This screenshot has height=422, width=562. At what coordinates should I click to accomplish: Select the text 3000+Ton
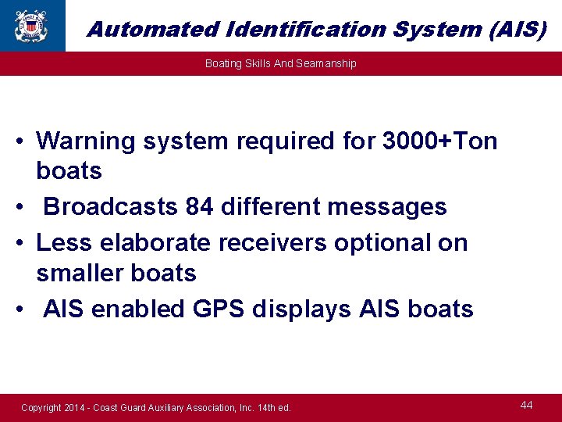coord(439,141)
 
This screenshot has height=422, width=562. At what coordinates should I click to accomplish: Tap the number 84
coord(201,207)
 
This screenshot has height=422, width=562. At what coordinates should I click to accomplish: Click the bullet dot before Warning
coord(21,142)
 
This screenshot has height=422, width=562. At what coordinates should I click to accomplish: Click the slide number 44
coord(527,405)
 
